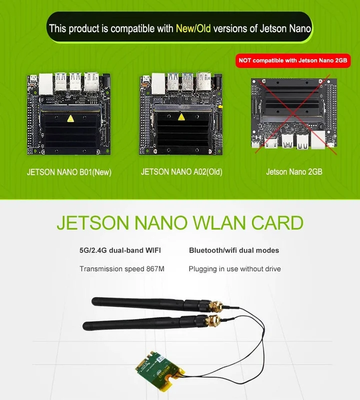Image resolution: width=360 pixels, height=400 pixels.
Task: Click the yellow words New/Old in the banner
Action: tap(193, 28)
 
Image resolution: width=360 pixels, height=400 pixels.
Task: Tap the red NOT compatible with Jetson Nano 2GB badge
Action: tap(293, 60)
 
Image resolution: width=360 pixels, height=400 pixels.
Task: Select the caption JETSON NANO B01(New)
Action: tap(69, 172)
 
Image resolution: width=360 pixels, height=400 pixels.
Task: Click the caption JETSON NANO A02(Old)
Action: tap(181, 172)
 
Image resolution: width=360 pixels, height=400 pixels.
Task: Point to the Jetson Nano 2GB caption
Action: tap(294, 171)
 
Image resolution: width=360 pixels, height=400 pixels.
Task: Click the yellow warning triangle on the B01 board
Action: tap(70, 118)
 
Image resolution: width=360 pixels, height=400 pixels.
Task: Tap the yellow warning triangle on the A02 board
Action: tap(181, 117)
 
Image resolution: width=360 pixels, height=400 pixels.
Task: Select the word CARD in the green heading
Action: tap(277, 222)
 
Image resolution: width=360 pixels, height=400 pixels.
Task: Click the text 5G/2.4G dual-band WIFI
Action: tap(120, 250)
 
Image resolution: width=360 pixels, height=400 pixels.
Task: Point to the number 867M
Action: tap(155, 269)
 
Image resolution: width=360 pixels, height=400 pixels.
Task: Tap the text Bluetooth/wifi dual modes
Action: tap(234, 250)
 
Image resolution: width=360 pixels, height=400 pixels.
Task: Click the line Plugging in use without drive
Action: tap(234, 269)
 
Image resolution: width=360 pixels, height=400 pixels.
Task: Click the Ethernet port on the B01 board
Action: tap(46, 83)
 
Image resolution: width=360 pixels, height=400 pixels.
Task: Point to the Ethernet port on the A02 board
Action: tap(158, 83)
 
